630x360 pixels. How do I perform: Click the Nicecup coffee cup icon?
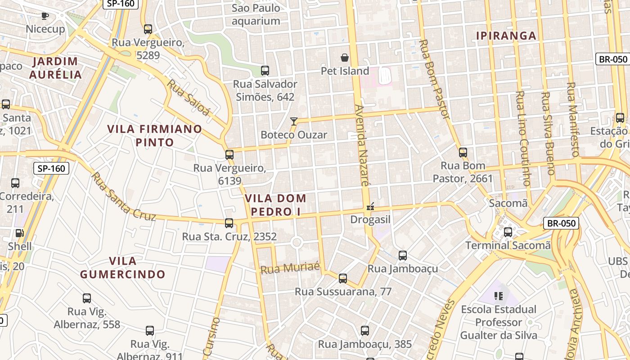[45, 16]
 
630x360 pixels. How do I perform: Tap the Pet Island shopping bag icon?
[345, 58]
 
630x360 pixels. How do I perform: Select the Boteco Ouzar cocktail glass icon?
[294, 121]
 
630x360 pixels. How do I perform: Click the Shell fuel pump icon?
[20, 233]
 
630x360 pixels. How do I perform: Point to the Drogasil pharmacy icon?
[370, 207]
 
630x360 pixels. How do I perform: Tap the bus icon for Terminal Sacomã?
[508, 232]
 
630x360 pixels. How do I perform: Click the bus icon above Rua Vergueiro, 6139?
[229, 155]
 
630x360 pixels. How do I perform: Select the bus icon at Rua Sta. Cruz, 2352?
[229, 223]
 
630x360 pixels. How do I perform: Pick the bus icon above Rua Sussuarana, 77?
[343, 279]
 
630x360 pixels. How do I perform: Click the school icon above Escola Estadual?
[499, 296]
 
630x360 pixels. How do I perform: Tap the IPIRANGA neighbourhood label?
[506, 36]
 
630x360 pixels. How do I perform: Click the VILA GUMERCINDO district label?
[123, 267]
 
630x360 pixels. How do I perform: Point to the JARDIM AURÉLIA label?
[55, 68]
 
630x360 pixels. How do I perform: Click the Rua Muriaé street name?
[290, 268]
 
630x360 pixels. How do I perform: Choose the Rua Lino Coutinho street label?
[522, 138]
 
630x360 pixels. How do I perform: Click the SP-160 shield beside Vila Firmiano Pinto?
[52, 169]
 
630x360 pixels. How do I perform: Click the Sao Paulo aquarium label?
[256, 14]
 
